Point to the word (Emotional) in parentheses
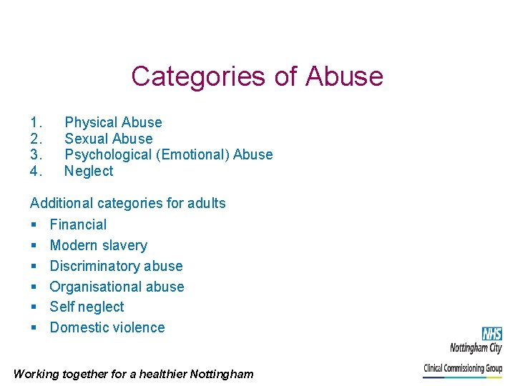[x=192, y=154]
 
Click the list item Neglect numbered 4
[x=89, y=171]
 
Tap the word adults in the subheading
[x=207, y=203]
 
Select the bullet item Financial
[x=78, y=224]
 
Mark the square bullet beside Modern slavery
[x=34, y=246]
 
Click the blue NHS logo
[x=491, y=334]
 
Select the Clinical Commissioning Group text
[x=463, y=369]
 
